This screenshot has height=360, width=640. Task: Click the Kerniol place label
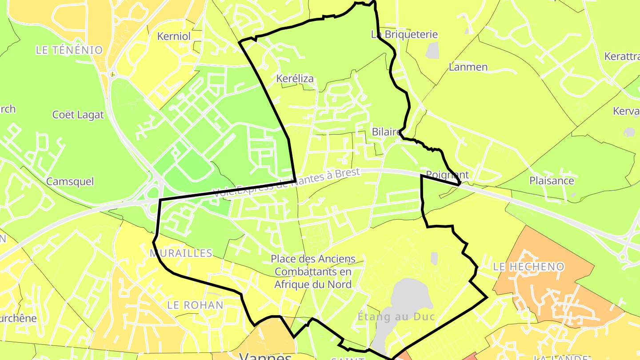[x=174, y=36]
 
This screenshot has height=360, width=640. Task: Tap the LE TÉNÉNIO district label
[x=69, y=50]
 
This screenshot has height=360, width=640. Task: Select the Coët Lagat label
[x=78, y=115]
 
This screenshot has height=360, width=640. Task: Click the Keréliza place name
[x=295, y=79]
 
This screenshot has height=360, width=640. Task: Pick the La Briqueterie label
[x=404, y=34]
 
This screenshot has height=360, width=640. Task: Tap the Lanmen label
[x=468, y=67]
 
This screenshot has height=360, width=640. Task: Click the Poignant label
[x=447, y=174]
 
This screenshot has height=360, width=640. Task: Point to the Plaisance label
[x=552, y=181]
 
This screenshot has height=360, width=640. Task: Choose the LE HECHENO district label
[x=529, y=267]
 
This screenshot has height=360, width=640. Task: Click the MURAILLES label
[x=181, y=253]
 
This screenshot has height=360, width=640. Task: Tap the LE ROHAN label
[x=195, y=305]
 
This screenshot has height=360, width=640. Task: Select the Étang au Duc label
[x=396, y=317]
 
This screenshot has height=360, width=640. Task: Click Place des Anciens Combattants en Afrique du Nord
[x=313, y=272]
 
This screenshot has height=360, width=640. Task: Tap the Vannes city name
[x=266, y=356]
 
